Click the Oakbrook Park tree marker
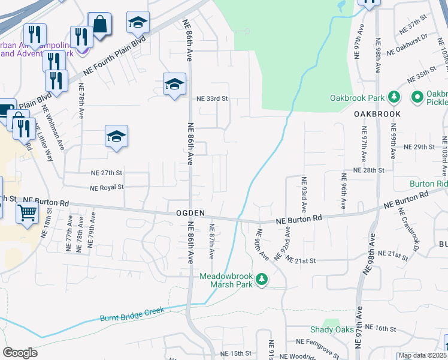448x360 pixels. (394, 97)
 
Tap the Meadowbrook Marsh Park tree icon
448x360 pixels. (261, 279)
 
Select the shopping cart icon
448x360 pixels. (28, 212)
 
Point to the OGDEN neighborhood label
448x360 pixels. (190, 213)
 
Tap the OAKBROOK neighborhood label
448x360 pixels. (376, 113)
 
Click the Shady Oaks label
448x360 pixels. (331, 329)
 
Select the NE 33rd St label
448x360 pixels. (213, 99)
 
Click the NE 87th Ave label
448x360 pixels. (211, 242)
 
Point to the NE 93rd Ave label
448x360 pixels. (304, 193)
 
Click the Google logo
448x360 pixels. (20, 353)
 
